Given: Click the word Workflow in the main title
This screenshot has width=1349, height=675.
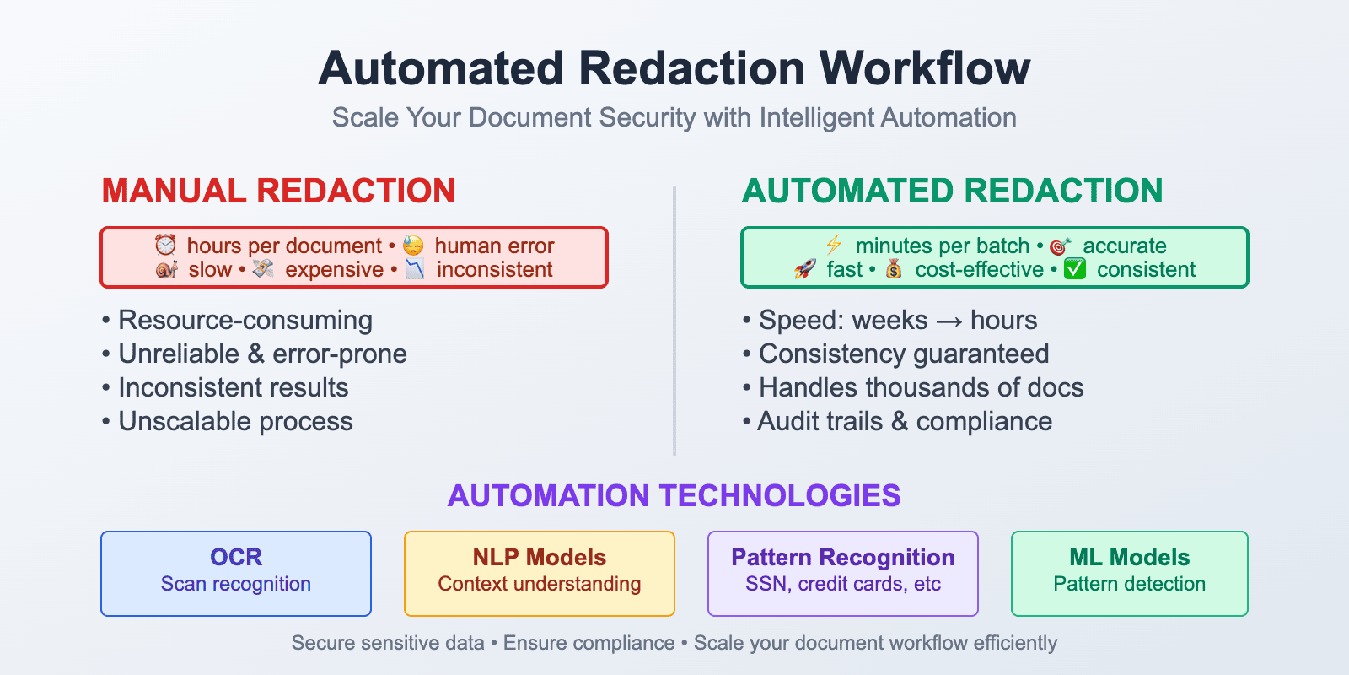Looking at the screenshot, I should click(x=925, y=68).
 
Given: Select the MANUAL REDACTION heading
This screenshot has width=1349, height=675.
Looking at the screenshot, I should click(x=278, y=192).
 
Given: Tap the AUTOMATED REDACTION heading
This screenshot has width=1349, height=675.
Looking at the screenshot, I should click(x=952, y=192).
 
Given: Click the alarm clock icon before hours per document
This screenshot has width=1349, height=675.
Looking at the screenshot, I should click(x=165, y=246).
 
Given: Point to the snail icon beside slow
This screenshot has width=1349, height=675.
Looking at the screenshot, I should click(x=167, y=270).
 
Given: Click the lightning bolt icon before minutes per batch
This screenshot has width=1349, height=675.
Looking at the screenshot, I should click(x=834, y=246).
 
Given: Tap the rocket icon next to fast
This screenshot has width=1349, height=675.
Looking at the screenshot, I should click(x=805, y=270).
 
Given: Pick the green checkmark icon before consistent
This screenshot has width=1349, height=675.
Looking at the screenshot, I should click(x=1075, y=270).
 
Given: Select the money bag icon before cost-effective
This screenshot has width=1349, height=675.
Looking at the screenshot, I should click(x=894, y=270).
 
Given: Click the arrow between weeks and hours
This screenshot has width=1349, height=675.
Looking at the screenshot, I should click(x=949, y=321).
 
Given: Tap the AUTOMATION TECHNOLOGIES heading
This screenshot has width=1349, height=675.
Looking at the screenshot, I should click(x=674, y=495).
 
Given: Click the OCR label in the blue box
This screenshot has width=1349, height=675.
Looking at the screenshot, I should click(x=236, y=557).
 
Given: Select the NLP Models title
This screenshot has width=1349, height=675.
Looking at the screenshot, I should click(x=540, y=557).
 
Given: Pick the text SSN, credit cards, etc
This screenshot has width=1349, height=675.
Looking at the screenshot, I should click(x=843, y=584).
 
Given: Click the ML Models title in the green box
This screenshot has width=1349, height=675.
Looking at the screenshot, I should click(x=1130, y=557).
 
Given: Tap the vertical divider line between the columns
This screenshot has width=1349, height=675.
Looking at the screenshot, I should click(x=674, y=321).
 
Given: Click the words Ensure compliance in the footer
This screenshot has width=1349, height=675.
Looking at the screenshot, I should click(x=589, y=643).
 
